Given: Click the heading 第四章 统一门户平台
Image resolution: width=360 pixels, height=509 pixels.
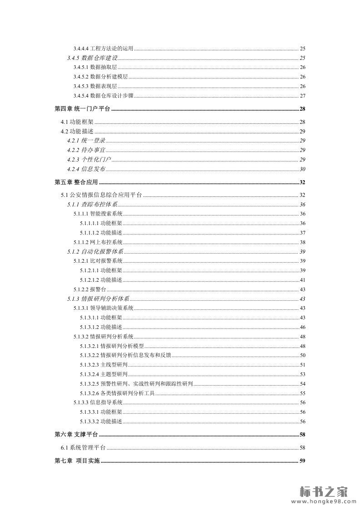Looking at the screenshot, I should tap(82, 109).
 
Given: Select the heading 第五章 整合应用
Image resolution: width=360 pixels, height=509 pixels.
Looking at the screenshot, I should tap(76, 182).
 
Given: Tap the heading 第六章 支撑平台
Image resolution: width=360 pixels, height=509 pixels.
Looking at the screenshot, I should tap(76, 435).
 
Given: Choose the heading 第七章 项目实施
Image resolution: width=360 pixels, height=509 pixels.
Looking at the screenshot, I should tap(77, 461).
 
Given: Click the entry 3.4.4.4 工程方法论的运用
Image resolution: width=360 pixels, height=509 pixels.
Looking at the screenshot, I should tap(103, 49).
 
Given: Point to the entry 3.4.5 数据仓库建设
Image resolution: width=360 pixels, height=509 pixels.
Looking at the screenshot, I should tap(92, 58).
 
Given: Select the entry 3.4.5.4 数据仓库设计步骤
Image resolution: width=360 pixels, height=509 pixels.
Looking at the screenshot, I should tap(103, 95).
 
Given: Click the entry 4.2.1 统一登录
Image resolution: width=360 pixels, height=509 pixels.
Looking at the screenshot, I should tap(86, 140).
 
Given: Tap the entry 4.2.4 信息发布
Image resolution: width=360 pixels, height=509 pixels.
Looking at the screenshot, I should tap(86, 169).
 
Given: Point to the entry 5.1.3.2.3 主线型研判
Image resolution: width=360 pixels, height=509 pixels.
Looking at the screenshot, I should tap(104, 365).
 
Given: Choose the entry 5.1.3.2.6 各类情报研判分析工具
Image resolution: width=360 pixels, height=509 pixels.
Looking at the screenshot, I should tap(117, 393).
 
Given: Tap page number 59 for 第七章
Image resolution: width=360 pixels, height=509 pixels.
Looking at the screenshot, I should tap(302, 461).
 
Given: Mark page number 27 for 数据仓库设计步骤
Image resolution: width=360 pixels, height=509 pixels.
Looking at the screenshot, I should tap(302, 95).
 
